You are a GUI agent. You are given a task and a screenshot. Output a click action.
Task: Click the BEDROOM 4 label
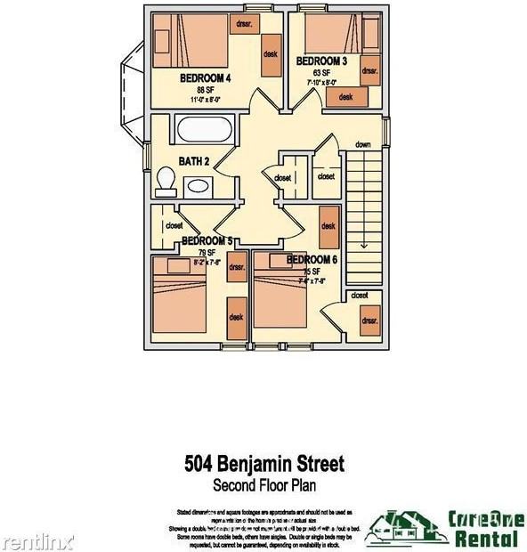tap(206, 78)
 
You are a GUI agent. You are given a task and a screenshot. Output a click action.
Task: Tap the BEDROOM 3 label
tap(321, 61)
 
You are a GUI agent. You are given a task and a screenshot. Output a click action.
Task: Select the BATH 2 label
tap(194, 161)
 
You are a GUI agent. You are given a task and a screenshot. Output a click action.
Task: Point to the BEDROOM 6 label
tap(312, 260)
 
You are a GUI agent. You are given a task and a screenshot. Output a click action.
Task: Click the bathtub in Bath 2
tap(205, 129)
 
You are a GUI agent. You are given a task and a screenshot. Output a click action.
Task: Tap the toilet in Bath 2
tap(165, 182)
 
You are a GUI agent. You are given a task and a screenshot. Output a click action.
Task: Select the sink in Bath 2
tap(198, 186)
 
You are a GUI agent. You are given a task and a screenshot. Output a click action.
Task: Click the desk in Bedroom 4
tap(271, 54)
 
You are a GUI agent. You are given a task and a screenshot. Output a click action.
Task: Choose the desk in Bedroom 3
tap(345, 97)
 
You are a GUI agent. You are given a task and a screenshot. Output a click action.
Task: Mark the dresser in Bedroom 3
tap(370, 69)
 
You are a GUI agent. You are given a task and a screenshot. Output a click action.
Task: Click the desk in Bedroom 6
tap(328, 227)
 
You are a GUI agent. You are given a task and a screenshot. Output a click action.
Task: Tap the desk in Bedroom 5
tap(237, 316)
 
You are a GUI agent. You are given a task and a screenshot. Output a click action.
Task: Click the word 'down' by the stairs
tap(362, 144)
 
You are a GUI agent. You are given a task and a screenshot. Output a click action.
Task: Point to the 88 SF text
tap(206, 90)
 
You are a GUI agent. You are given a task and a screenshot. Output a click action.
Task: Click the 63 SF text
tap(321, 73)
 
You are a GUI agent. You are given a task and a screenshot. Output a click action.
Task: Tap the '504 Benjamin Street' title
tap(263, 464)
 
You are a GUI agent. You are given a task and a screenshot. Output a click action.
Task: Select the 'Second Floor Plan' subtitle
tap(263, 485)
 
